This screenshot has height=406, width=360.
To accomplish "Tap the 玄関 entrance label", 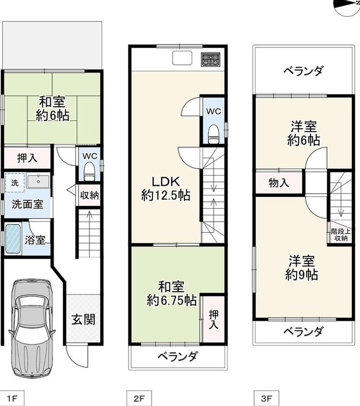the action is (83, 319).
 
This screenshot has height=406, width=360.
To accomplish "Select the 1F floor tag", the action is (12, 398).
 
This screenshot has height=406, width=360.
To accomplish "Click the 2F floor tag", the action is (139, 398).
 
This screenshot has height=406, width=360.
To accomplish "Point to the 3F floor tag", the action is (266, 398).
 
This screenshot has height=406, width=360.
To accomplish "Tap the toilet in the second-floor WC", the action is (214, 134).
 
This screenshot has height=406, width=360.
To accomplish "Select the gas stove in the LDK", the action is (211, 59).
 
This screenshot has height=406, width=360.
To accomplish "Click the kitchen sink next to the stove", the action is (182, 58).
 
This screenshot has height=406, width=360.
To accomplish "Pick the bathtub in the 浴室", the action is (13, 239).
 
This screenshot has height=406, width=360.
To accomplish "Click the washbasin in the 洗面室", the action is (38, 182).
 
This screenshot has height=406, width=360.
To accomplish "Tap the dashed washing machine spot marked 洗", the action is (15, 183).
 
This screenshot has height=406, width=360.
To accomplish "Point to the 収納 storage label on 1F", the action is (90, 195).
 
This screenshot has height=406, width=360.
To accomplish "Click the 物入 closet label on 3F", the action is (279, 183).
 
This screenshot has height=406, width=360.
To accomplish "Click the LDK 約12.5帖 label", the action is (166, 188).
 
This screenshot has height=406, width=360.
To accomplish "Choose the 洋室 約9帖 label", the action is (302, 268).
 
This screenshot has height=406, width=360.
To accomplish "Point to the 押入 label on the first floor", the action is (27, 158).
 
